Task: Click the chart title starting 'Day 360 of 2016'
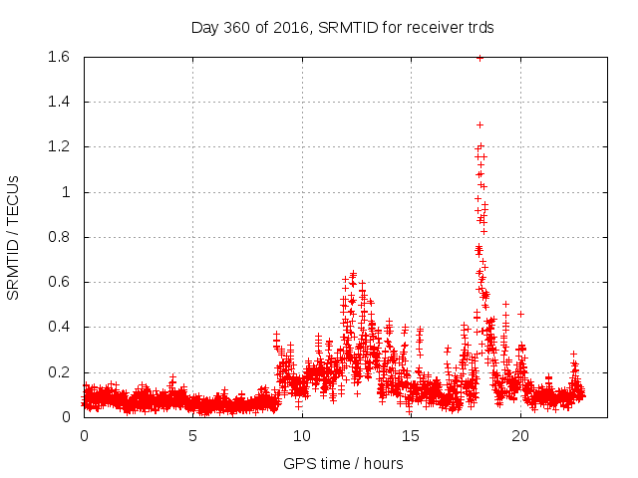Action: pyautogui.click(x=342, y=27)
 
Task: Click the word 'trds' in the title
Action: pyautogui.click(x=478, y=27)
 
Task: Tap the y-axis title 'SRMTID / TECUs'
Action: pyautogui.click(x=14, y=237)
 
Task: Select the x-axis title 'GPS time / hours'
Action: pyautogui.click(x=343, y=463)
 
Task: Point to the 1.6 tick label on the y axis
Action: pyautogui.click(x=56, y=57)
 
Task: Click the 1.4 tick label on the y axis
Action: pyautogui.click(x=56, y=102)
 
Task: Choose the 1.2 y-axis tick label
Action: pyautogui.click(x=56, y=146)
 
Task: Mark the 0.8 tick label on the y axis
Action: pyautogui.click(x=56, y=237)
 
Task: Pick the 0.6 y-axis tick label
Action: pyautogui.click(x=56, y=282)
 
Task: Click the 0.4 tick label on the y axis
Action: pyautogui.click(x=56, y=327)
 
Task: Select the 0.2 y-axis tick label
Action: pyautogui.click(x=56, y=372)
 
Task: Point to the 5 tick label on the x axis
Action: pyautogui.click(x=193, y=435)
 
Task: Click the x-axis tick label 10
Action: pyautogui.click(x=302, y=435)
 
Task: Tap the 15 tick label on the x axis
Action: pyautogui.click(x=411, y=435)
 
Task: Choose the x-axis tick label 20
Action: pyautogui.click(x=520, y=435)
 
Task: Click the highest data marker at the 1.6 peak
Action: pyautogui.click(x=479, y=58)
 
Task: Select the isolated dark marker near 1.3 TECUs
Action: pyautogui.click(x=479, y=124)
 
